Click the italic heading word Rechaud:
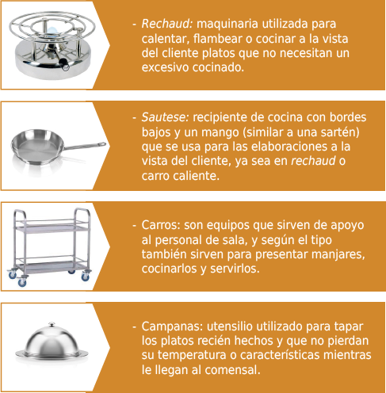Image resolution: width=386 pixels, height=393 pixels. [x=167, y=24]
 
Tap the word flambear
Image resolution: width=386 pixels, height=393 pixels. [x=218, y=39]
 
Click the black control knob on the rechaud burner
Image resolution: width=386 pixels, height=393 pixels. [x=64, y=63]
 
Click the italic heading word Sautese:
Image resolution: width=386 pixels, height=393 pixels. [x=166, y=117]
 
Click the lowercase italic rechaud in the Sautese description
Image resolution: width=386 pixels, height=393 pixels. [x=313, y=161]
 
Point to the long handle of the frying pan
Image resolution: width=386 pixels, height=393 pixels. [x=85, y=146]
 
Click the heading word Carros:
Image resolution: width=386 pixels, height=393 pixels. [x=161, y=225]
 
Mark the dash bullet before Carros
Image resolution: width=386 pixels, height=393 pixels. [x=134, y=226]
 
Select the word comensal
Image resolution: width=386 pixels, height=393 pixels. [x=232, y=370]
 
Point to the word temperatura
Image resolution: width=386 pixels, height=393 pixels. [x=192, y=355]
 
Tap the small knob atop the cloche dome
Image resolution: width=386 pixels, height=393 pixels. [x=52, y=324]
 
